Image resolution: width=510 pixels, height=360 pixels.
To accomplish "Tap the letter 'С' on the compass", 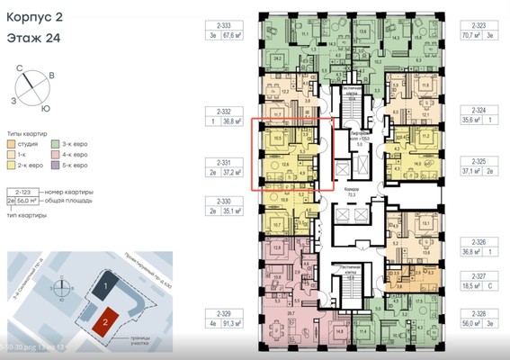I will (19, 68).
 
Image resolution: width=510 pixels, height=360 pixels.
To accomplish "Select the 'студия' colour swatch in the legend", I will (11, 143).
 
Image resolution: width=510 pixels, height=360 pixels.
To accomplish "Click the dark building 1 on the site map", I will (106, 286).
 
